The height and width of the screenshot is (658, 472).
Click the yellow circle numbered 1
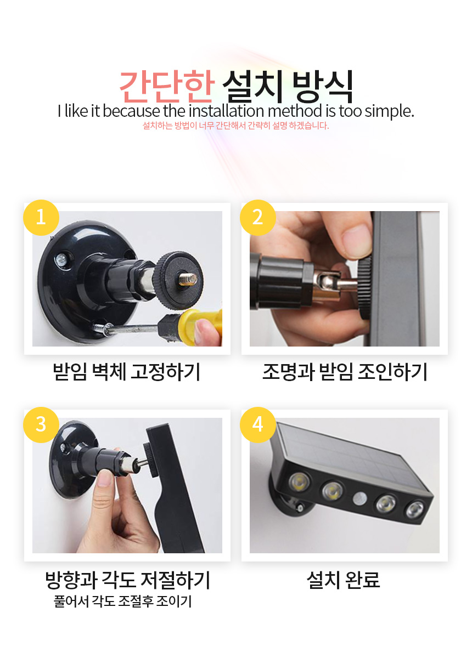(x=41, y=218)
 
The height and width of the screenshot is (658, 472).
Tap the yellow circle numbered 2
(x=257, y=218)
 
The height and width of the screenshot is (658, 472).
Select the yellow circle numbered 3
(x=41, y=425)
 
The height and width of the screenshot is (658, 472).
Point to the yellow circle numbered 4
(x=257, y=425)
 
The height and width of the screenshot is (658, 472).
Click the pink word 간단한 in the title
(x=167, y=87)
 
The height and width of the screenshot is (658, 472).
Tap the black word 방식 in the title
(x=323, y=87)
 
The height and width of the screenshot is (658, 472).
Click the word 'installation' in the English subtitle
(x=226, y=111)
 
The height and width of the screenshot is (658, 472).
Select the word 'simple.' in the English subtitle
(x=389, y=112)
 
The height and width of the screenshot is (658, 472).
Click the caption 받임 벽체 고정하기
(x=126, y=372)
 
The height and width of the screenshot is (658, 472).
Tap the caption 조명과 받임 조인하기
(x=345, y=372)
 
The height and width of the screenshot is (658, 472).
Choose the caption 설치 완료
(x=343, y=580)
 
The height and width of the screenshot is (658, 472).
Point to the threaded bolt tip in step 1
(x=188, y=279)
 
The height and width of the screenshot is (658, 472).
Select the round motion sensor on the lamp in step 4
(x=359, y=499)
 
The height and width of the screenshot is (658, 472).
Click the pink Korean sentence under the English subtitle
(x=236, y=126)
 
